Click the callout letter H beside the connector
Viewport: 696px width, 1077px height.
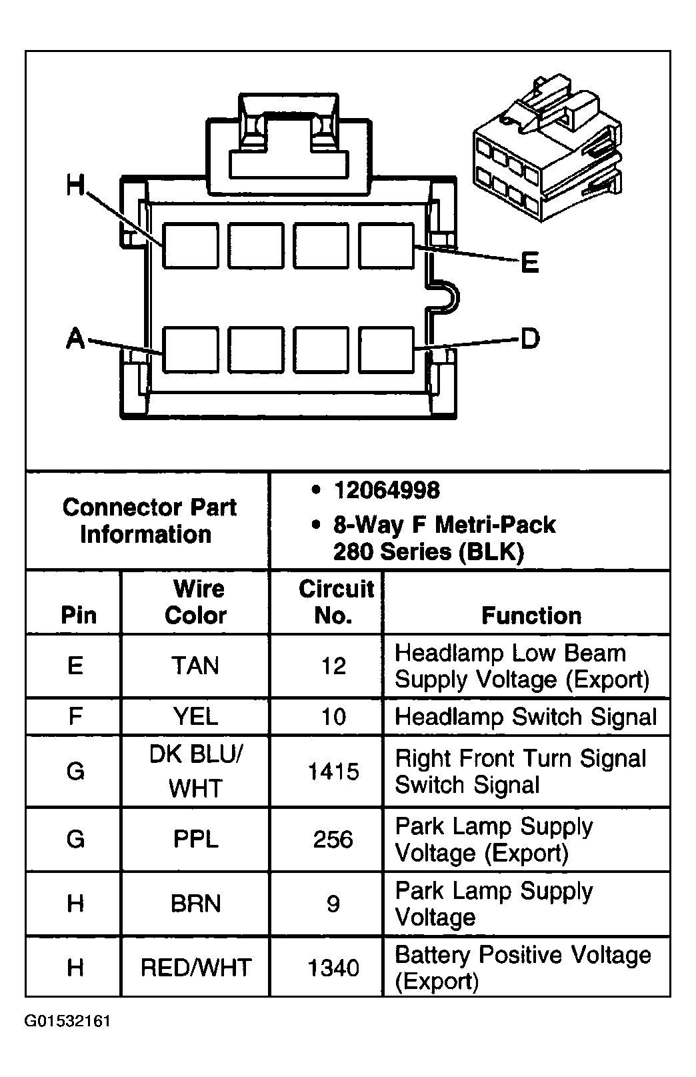click(x=75, y=185)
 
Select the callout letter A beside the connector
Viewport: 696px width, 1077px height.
click(x=75, y=339)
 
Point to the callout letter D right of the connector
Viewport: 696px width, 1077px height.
click(x=529, y=339)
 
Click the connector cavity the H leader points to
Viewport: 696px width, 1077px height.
click(x=191, y=245)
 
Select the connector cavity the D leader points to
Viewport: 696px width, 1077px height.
click(x=386, y=349)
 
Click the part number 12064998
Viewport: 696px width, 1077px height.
click(x=386, y=491)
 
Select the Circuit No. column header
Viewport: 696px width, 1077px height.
click(x=335, y=602)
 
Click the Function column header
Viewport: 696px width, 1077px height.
click(x=531, y=615)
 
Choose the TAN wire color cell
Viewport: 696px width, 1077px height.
click(x=195, y=666)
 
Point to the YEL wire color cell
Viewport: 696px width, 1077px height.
click(x=195, y=716)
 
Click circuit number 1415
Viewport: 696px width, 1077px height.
click(x=333, y=772)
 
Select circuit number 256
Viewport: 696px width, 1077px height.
click(x=333, y=839)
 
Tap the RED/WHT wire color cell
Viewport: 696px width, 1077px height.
click(x=195, y=968)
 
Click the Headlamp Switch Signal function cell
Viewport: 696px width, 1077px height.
click(x=525, y=716)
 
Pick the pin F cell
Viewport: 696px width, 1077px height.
click(x=75, y=716)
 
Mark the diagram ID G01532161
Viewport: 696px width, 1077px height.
click(x=67, y=1021)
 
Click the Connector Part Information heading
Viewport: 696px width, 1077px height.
click(x=149, y=521)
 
